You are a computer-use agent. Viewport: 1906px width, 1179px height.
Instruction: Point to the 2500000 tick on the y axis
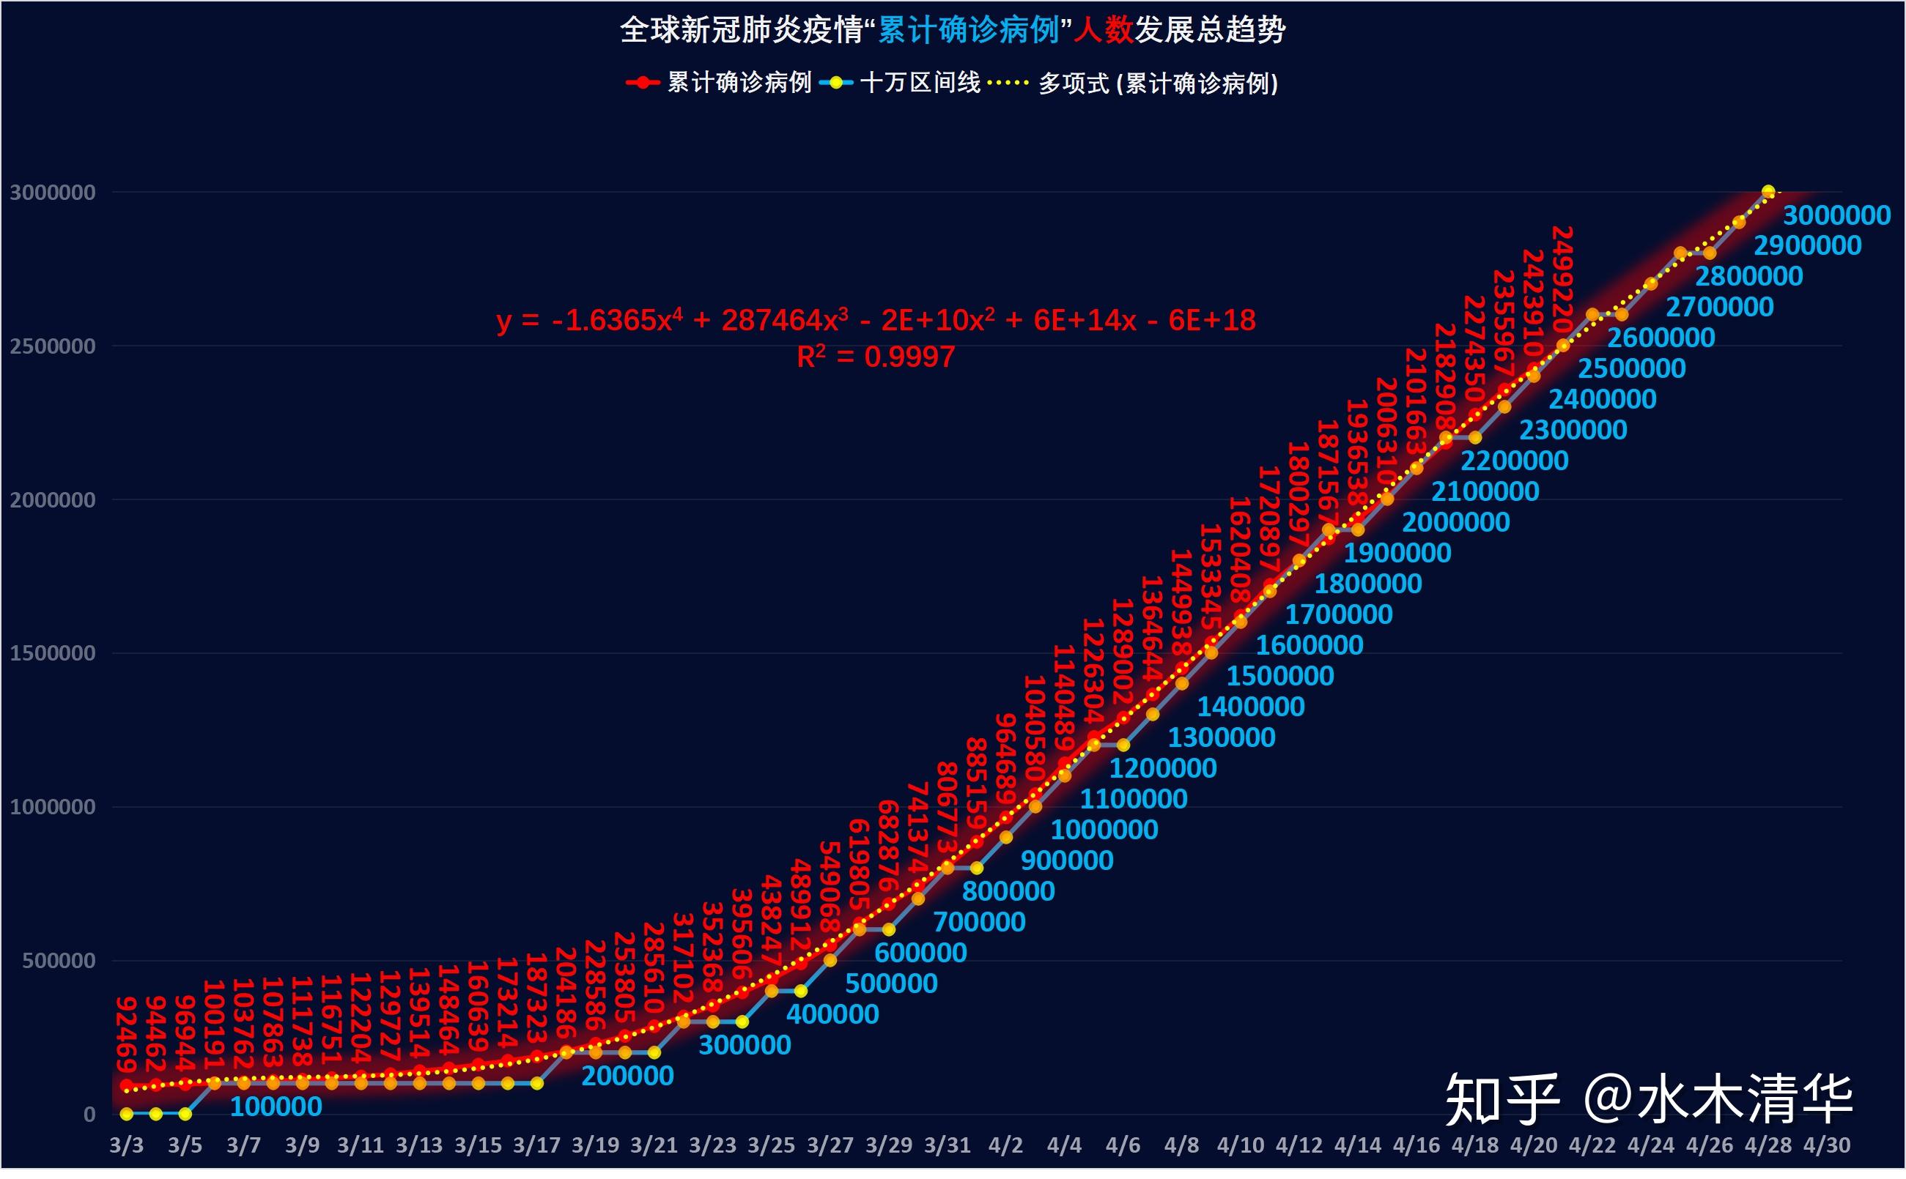52,346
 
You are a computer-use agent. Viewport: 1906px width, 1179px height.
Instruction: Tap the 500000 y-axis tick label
59,961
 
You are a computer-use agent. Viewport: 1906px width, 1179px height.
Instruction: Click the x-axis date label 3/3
126,1145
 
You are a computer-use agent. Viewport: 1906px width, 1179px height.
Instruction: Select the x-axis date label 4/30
1826,1145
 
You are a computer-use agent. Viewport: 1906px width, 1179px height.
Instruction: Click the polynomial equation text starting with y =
876,321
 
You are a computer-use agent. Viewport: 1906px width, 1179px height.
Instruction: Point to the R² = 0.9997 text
876,357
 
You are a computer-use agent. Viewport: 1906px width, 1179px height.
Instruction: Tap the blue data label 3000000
1836,215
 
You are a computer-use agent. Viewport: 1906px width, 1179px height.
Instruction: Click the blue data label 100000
276,1107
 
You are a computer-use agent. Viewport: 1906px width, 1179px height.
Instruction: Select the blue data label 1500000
1279,676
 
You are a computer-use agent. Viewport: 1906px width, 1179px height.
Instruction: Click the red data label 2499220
1562,278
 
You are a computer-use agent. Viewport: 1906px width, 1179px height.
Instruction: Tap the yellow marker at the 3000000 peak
1769,192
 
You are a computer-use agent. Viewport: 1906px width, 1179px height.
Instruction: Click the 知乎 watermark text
1501,1099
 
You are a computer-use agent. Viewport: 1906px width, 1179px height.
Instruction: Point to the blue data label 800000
1008,891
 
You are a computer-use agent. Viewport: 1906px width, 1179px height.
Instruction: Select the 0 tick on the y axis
89,1115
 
